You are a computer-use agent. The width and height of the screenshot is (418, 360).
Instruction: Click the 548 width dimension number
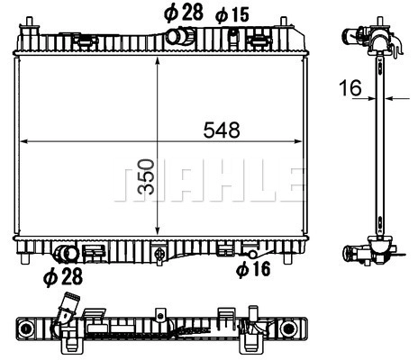(x=222, y=130)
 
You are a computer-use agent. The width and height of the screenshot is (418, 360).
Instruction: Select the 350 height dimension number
(x=147, y=176)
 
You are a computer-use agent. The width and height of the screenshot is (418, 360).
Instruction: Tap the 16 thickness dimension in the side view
(x=350, y=87)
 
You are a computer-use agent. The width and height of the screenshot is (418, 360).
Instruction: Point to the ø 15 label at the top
(x=232, y=15)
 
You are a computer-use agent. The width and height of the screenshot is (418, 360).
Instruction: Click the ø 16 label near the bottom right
(x=253, y=268)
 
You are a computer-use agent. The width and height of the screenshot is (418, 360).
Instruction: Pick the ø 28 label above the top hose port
(x=184, y=13)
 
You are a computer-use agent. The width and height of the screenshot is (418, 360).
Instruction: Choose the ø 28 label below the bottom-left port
(x=63, y=276)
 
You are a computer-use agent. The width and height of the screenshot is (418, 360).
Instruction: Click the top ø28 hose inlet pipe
(x=180, y=36)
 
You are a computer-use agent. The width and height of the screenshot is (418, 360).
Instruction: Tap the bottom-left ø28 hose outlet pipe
(x=67, y=254)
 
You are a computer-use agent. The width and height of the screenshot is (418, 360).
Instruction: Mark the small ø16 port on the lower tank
(x=252, y=255)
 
